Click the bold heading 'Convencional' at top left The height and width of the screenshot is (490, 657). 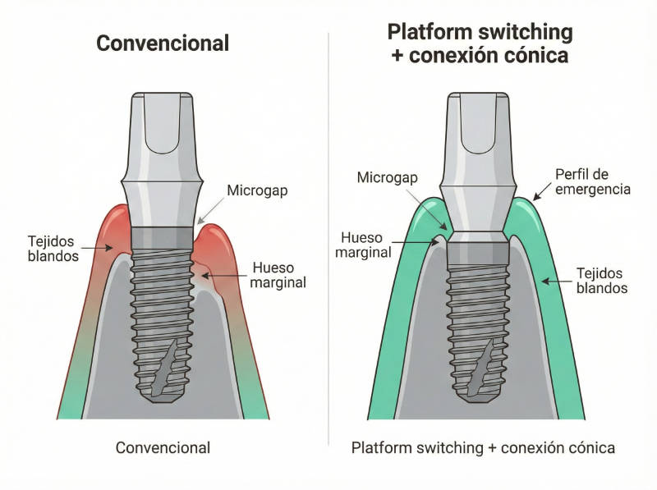pos(163,43)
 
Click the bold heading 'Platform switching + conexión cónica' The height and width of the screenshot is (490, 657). pos(480,44)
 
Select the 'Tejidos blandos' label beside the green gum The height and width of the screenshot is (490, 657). pos(601,281)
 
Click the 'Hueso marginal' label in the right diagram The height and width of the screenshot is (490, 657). pos(363,244)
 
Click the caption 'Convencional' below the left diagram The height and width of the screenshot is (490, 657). pos(163,447)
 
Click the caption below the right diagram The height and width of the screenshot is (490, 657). pos(483,447)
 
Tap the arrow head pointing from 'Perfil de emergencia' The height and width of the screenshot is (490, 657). pos(535,197)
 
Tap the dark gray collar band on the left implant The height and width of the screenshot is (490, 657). pos(163,239)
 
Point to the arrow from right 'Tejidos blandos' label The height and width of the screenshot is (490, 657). pos(555,281)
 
